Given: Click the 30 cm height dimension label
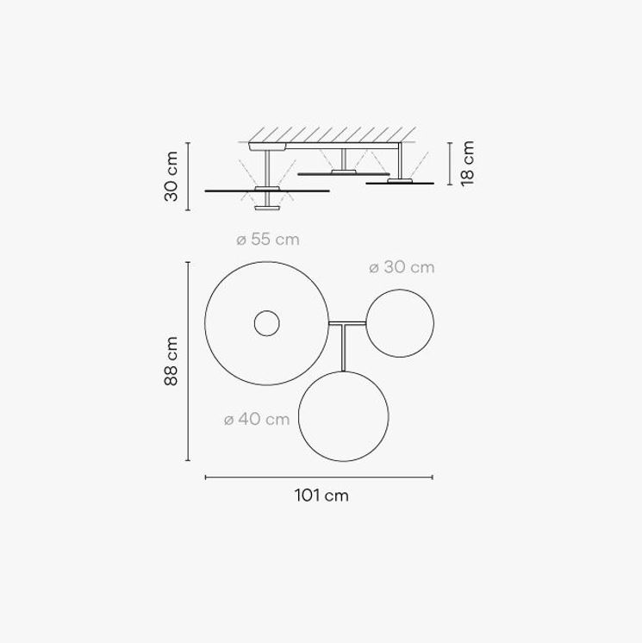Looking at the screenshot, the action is tap(171, 177).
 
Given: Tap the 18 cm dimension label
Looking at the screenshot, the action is tap(467, 164).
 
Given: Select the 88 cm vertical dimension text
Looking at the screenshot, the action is tap(171, 361).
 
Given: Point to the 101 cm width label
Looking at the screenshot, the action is tap(321, 496).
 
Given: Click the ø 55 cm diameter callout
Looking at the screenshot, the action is tap(268, 240).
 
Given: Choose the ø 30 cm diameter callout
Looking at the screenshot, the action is tap(402, 267).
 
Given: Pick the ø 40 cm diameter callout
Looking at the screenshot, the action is tap(257, 419).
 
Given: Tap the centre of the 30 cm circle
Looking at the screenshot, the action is tap(400, 323).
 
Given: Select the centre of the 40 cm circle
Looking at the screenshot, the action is tap(344, 416).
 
